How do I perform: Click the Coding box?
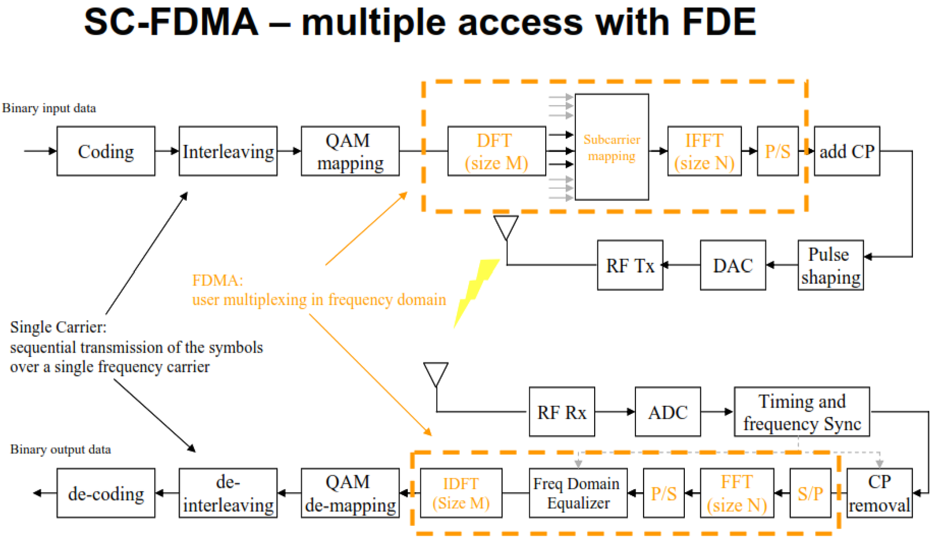click(x=105, y=151)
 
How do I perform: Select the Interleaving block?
click(x=227, y=151)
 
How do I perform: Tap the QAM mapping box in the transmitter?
click(x=350, y=151)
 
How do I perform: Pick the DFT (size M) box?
click(x=497, y=151)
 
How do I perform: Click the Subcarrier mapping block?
click(x=612, y=147)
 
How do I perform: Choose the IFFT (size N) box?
click(x=704, y=151)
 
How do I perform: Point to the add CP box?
click(x=847, y=151)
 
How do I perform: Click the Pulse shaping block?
click(x=830, y=266)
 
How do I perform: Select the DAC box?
click(x=733, y=266)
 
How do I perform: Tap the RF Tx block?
click(x=630, y=266)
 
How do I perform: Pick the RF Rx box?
click(x=562, y=412)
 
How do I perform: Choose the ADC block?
click(x=668, y=412)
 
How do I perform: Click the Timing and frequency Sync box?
click(x=802, y=412)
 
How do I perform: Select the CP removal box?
click(x=879, y=493)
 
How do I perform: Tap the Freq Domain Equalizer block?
click(x=578, y=493)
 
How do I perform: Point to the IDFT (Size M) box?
click(x=461, y=493)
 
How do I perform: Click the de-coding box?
click(x=105, y=493)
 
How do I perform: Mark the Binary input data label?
click(x=49, y=108)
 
